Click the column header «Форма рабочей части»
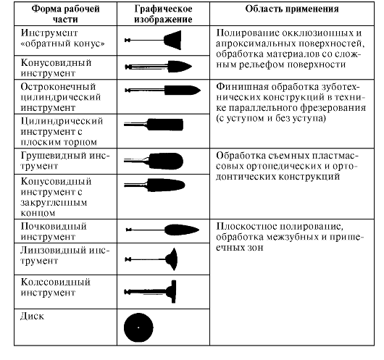[x=66, y=14]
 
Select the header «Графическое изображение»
[x=163, y=14]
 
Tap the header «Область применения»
[x=292, y=9]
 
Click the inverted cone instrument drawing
[x=153, y=40]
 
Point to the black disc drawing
[x=138, y=327]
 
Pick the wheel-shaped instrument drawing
[x=150, y=292]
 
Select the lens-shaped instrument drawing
[x=151, y=259]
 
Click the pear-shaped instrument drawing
[x=154, y=161]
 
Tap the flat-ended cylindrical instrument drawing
[x=154, y=125]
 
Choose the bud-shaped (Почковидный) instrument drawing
[x=162, y=230]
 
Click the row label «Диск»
[x=32, y=316]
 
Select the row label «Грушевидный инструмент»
[x=65, y=161]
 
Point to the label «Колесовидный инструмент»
[x=55, y=288]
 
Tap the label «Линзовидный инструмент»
[x=65, y=256]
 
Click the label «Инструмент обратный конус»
[x=63, y=38]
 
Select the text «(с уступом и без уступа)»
[x=271, y=119]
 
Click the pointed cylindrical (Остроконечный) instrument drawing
[x=162, y=90]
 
